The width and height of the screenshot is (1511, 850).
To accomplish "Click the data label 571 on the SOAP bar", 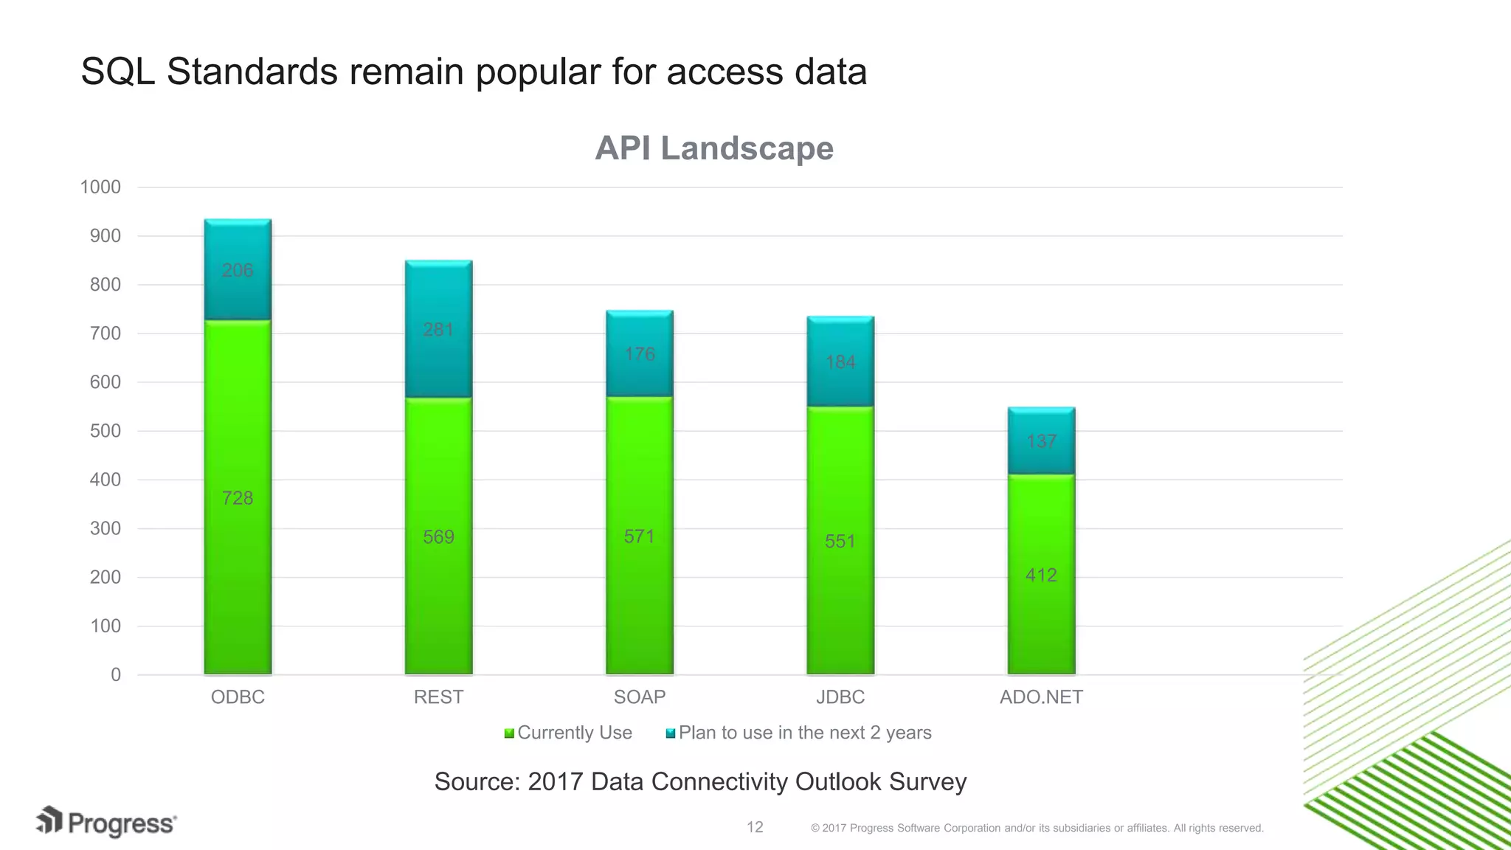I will [x=639, y=536].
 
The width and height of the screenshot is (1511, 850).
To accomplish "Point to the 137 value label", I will [x=1041, y=441].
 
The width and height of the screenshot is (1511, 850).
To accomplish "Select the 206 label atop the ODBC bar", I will [x=238, y=270].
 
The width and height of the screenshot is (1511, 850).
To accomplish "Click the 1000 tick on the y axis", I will [x=100, y=187].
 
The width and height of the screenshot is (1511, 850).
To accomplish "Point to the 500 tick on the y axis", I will [x=105, y=431].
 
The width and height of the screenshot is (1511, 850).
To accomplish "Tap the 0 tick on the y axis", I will [x=116, y=674].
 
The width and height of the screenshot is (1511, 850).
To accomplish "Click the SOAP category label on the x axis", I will [x=639, y=697].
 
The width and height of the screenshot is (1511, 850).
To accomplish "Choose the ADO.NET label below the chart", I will [x=1041, y=697].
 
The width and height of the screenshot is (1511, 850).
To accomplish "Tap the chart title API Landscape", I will [x=713, y=148].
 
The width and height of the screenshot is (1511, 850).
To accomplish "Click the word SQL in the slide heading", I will [x=117, y=72].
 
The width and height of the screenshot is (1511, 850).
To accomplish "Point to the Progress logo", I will [x=107, y=823].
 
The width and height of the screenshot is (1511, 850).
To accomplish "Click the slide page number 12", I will [x=755, y=827].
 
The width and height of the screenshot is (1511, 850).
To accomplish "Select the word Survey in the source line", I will [x=927, y=781].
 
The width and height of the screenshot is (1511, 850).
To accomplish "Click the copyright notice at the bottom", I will [x=1037, y=828].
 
